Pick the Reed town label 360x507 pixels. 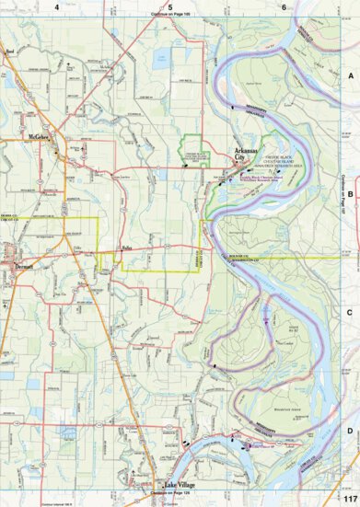pyautogui.click(x=11, y=52)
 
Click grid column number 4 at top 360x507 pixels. pyautogui.click(x=57, y=7)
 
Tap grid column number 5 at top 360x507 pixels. pyautogui.click(x=170, y=7)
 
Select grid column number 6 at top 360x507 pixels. pyautogui.click(x=285, y=7)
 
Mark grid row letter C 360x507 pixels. pyautogui.click(x=350, y=312)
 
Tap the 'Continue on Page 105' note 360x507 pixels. pyautogui.click(x=170, y=16)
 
